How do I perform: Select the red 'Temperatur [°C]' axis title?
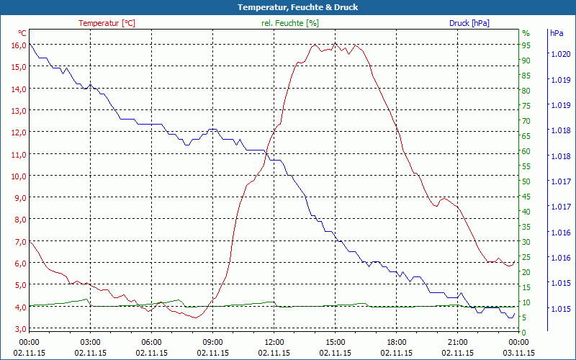point(107,23)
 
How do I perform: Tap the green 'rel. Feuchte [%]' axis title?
point(290,23)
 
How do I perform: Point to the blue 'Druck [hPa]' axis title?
point(469,23)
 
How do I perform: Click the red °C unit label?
point(22,33)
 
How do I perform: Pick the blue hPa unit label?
point(557,33)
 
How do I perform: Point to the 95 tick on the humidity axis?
point(526,45)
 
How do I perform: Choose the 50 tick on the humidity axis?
point(526,181)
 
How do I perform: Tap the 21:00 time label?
point(458,342)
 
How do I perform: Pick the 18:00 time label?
point(397,342)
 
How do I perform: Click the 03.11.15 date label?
point(519,353)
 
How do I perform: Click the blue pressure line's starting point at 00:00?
point(30,44)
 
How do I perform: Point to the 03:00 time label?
point(91,342)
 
